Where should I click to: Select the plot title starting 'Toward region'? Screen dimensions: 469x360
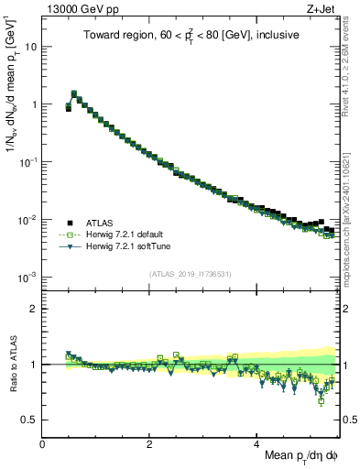pyautogui.click(x=191, y=38)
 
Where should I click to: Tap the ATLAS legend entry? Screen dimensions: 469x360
pyautogui.click(x=104, y=222)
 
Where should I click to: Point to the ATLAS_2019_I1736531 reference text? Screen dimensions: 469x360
pyautogui.click(x=191, y=274)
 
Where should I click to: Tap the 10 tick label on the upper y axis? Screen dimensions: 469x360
pyautogui.click(x=31, y=46)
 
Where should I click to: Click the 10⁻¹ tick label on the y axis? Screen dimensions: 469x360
pyautogui.click(x=27, y=161)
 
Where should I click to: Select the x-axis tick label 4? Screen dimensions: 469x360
pyautogui.click(x=256, y=444)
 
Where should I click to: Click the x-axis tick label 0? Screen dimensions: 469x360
pyautogui.click(x=42, y=444)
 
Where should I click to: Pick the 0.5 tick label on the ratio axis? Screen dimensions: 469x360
pyautogui.click(x=27, y=420)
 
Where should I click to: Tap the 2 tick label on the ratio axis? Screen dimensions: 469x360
pyautogui.click(x=33, y=309)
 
